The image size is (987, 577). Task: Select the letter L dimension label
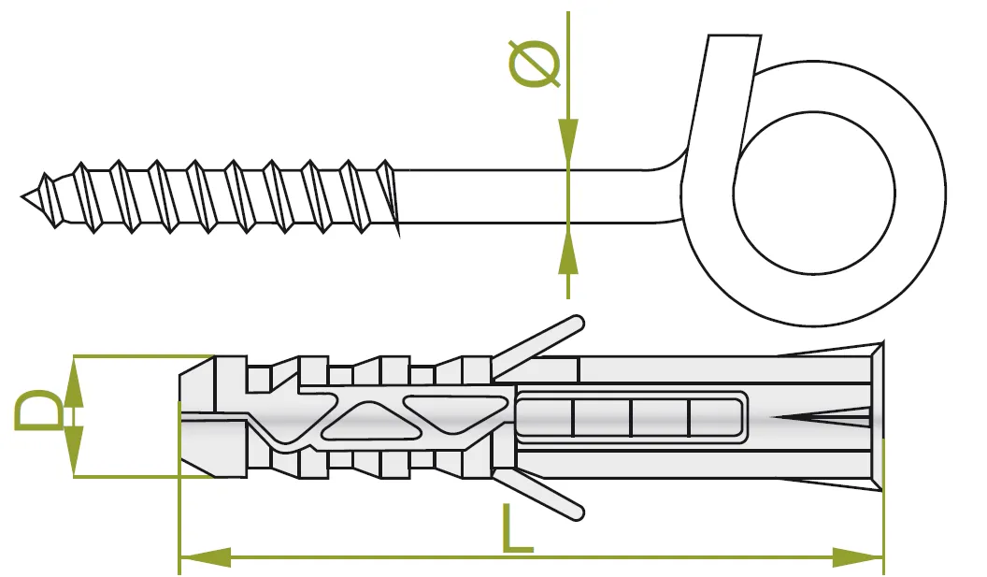click(x=516, y=529)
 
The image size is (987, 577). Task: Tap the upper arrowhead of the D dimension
click(x=73, y=380)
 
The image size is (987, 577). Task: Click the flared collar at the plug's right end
click(x=876, y=416)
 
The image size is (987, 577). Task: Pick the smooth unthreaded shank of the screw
click(x=523, y=196)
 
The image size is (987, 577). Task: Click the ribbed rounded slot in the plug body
click(x=631, y=416)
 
